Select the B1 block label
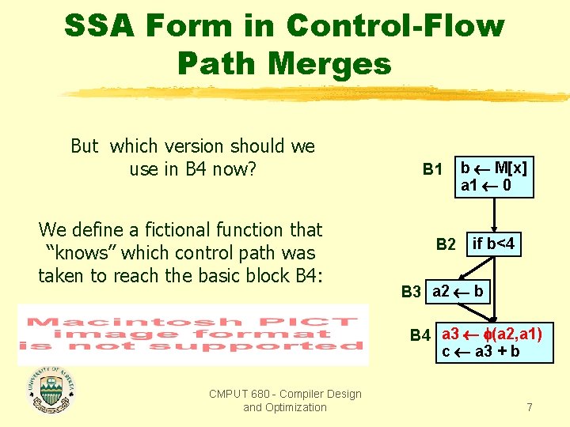tap(432, 169)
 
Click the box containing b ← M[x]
tap(494, 177)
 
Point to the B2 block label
tap(446, 245)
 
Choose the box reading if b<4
tap(493, 245)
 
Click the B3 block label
tap(411, 292)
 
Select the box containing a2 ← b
tap(458, 291)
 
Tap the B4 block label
tap(420, 335)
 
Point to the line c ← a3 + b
tap(481, 351)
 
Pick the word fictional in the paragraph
tap(158, 230)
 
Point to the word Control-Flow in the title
tap(395, 25)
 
